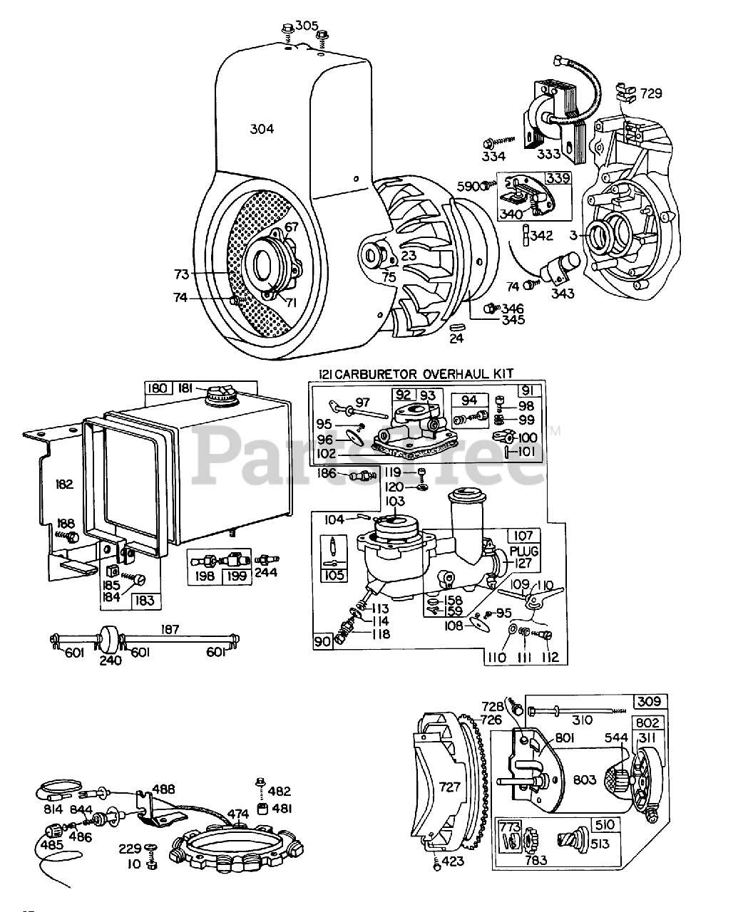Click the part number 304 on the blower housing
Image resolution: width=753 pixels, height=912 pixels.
point(262,129)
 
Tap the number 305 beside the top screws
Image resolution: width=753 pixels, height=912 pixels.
point(307,26)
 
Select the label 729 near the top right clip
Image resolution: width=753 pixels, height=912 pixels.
point(650,93)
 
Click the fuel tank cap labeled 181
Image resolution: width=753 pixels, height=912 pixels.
point(217,395)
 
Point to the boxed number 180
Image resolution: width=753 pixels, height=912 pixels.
point(158,388)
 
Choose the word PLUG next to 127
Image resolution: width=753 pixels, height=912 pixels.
point(524,551)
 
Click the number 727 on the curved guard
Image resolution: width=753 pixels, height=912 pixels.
point(451,787)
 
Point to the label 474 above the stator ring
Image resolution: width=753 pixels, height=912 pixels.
point(237,813)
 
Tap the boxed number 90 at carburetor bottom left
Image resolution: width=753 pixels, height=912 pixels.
point(323,641)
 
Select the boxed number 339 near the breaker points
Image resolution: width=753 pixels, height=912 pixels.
point(558,178)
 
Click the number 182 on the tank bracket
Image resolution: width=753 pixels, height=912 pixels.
point(64,484)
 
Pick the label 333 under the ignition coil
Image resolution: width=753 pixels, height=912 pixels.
point(550,155)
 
